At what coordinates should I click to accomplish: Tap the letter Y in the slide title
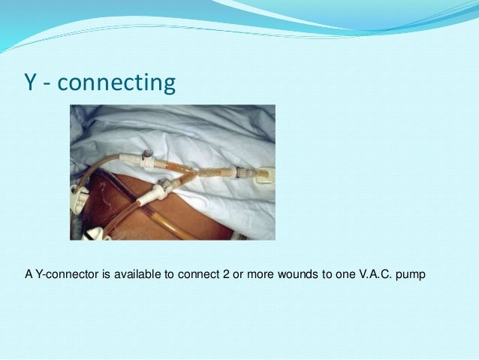pos(31,83)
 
